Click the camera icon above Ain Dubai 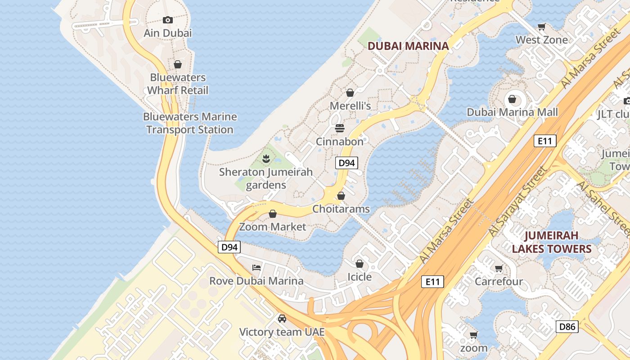click(x=168, y=20)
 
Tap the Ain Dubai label click(x=167, y=33)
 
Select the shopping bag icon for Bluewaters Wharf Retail click(x=178, y=64)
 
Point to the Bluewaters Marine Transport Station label click(x=190, y=123)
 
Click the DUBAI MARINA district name click(x=408, y=46)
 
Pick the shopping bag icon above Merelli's click(x=350, y=93)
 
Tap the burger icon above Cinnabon click(x=340, y=128)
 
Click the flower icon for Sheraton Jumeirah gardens click(x=266, y=158)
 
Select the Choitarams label click(x=341, y=209)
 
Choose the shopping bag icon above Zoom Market click(x=273, y=213)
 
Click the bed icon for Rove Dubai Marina click(x=256, y=268)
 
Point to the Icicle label click(x=360, y=276)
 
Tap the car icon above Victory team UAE click(x=282, y=319)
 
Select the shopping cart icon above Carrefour click(x=499, y=269)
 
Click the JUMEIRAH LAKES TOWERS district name click(x=551, y=242)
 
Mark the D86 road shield click(x=567, y=326)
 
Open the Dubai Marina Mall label click(x=512, y=112)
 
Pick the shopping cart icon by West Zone click(x=542, y=27)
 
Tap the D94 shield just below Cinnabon click(x=346, y=163)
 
